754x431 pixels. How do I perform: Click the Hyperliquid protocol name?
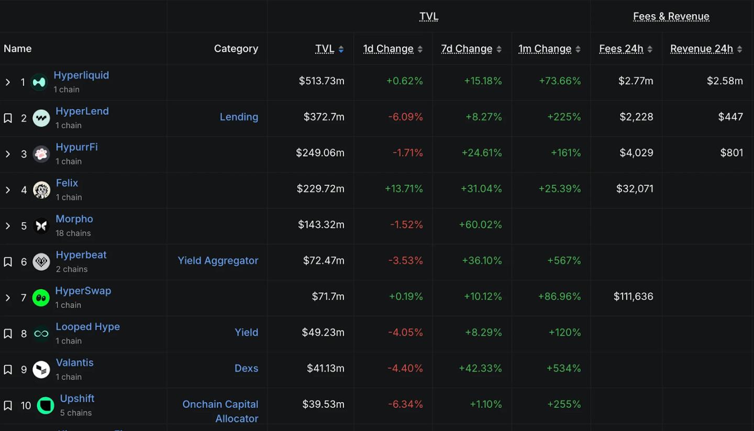coord(81,75)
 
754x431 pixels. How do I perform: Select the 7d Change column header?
coord(467,49)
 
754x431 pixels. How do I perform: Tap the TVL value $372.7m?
coord(324,117)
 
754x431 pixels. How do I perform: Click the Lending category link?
coord(239,117)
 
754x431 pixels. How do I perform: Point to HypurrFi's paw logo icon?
coord(41,154)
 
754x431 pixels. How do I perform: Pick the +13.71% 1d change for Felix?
coord(404,189)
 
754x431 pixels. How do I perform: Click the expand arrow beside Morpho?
coord(8,226)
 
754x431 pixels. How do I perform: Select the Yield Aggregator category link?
coord(218,260)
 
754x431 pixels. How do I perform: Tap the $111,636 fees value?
coord(633,296)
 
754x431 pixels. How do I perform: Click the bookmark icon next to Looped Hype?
coord(8,334)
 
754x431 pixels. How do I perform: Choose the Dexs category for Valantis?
coord(246,368)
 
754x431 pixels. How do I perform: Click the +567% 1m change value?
coord(564,260)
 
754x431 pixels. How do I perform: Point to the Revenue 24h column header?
coord(701,49)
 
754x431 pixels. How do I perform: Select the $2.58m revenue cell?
coord(725,81)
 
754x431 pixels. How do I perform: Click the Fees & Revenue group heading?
coord(671,16)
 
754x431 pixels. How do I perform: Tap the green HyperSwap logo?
coord(41,297)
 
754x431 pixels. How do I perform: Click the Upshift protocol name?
coord(77,399)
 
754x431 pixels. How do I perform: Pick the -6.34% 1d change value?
coord(405,404)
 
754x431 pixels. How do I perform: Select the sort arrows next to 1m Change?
coord(578,49)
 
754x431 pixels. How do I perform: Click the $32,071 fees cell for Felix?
coord(635,189)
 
